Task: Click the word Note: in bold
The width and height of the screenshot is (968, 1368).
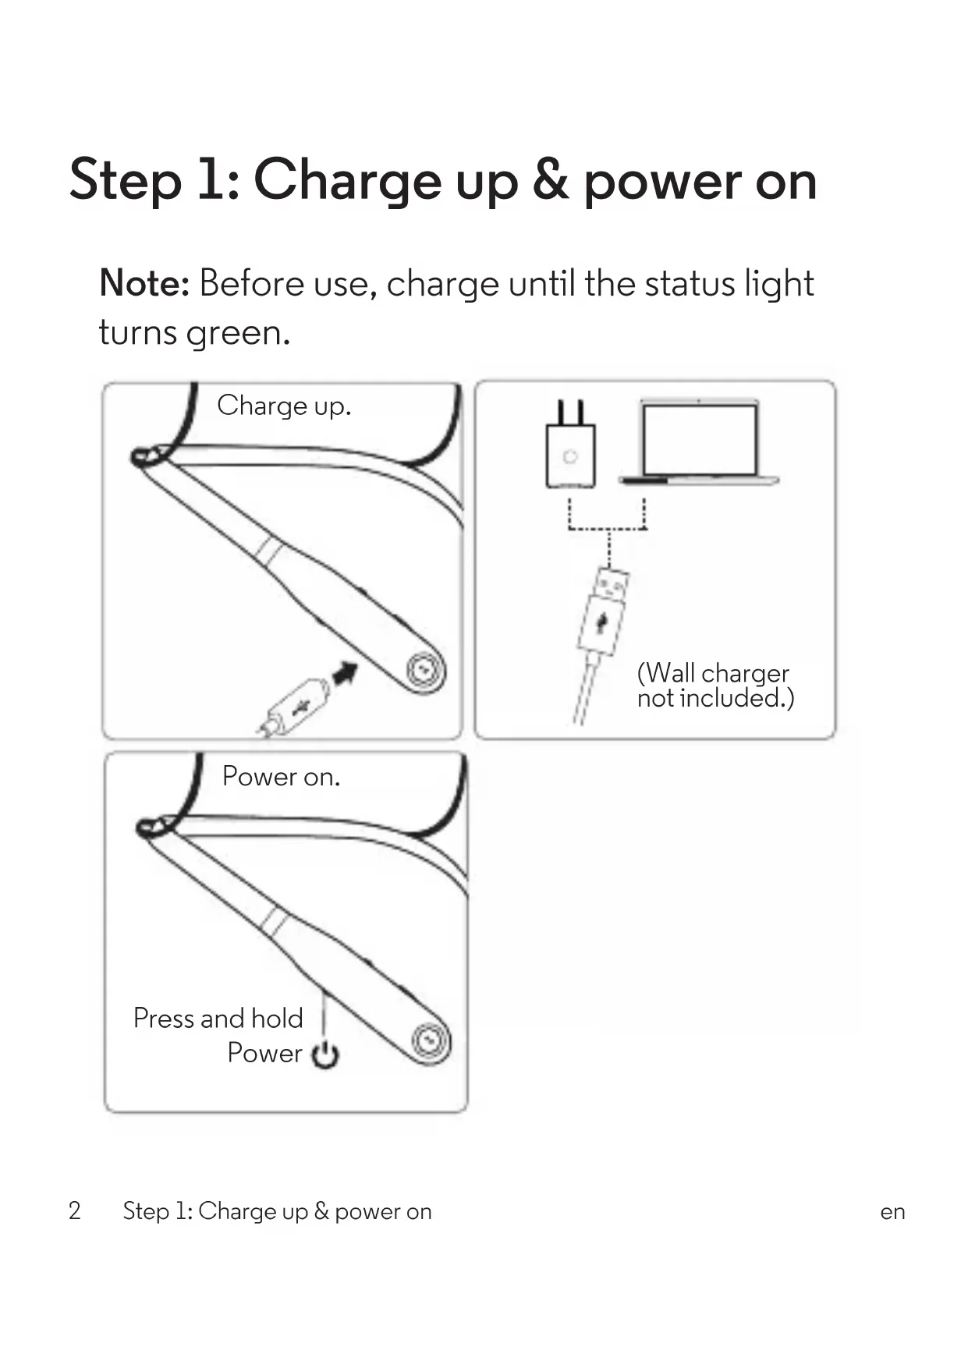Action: [x=144, y=283]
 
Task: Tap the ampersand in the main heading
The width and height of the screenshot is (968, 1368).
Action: [x=551, y=181]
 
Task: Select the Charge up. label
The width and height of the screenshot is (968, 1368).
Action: [x=284, y=406]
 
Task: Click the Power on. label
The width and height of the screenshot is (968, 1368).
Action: [x=281, y=777]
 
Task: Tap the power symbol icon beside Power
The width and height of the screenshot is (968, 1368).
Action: [x=325, y=1054]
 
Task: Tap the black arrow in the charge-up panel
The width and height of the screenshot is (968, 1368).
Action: [x=345, y=672]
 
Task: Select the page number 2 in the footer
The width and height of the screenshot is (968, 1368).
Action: [x=75, y=1211]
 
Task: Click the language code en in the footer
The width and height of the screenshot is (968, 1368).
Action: [x=892, y=1212]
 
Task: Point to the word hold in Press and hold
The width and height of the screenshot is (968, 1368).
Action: [x=277, y=1019]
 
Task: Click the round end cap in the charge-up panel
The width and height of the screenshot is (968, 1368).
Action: [x=424, y=670]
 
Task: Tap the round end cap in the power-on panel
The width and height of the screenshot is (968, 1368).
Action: [x=430, y=1041]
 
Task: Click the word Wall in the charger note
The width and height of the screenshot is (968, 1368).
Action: [x=671, y=673]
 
